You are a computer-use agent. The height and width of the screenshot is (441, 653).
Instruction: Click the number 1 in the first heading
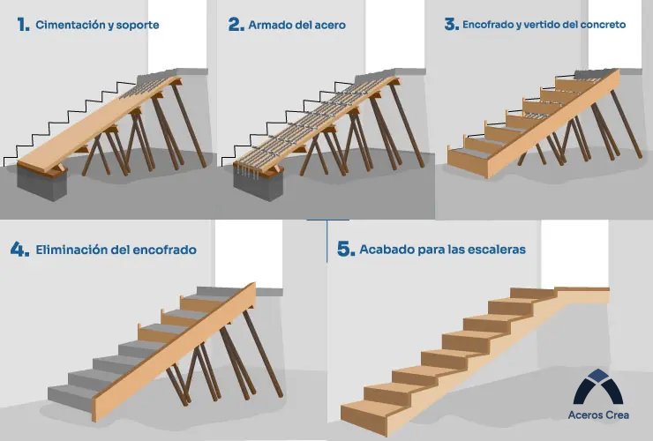22,25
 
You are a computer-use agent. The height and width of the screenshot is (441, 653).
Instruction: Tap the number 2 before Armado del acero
236,25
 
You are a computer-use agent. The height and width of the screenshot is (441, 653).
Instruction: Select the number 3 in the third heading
451,25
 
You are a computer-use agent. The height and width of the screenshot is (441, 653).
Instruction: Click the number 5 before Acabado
345,249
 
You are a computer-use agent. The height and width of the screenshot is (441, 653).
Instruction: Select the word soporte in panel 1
139,26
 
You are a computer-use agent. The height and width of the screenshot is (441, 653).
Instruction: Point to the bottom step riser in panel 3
468,160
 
